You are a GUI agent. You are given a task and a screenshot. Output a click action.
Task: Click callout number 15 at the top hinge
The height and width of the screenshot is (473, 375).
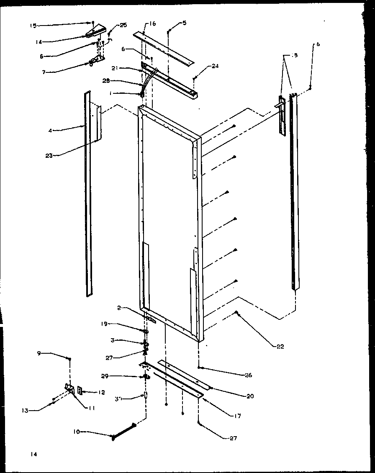pyautogui.click(x=33, y=26)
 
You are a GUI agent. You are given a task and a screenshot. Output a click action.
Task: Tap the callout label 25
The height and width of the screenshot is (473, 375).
pyautogui.click(x=123, y=26)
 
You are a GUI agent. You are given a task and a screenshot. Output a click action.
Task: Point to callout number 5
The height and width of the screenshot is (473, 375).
pyautogui.click(x=185, y=23)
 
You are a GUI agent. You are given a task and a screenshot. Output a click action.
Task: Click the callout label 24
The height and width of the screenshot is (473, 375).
pyautogui.click(x=215, y=66)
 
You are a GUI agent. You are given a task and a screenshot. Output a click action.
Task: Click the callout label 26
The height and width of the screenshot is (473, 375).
pyautogui.click(x=249, y=375)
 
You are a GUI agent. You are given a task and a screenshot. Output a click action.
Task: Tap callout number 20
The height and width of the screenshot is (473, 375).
pyautogui.click(x=250, y=396)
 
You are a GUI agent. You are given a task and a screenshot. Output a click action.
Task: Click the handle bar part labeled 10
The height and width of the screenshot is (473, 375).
pyautogui.click(x=123, y=432)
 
